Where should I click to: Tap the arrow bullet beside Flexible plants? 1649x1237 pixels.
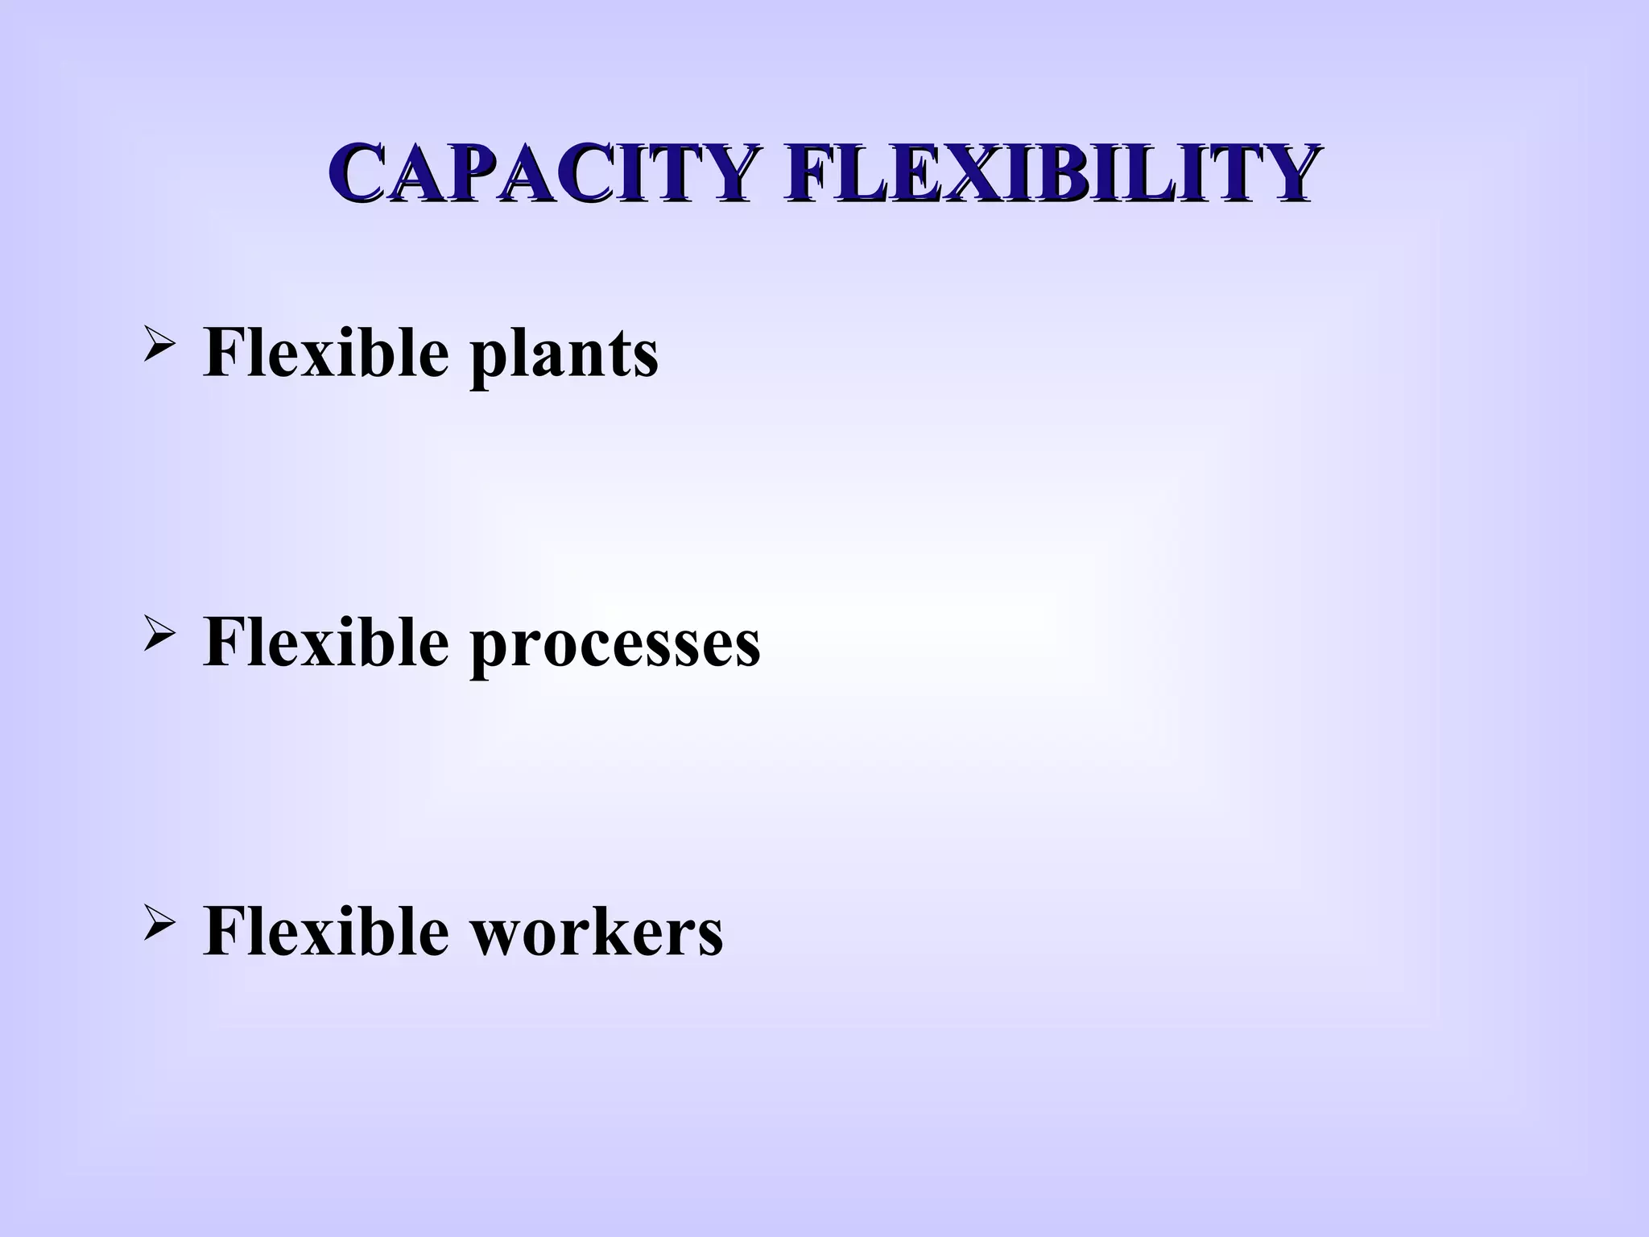coord(157,348)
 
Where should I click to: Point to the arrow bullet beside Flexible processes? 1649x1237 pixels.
coord(157,636)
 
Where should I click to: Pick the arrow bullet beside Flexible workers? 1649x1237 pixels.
coord(157,926)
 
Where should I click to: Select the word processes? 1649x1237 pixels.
coord(615,644)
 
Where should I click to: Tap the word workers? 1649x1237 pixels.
coord(597,932)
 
